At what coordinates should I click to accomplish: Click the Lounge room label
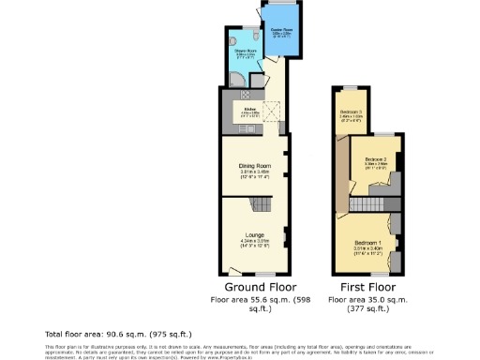254,235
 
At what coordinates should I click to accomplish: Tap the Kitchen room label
250,110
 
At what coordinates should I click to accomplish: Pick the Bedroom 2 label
376,159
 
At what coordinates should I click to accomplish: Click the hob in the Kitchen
244,95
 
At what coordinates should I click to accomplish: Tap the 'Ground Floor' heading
255,286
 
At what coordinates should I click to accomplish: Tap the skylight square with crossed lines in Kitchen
274,112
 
